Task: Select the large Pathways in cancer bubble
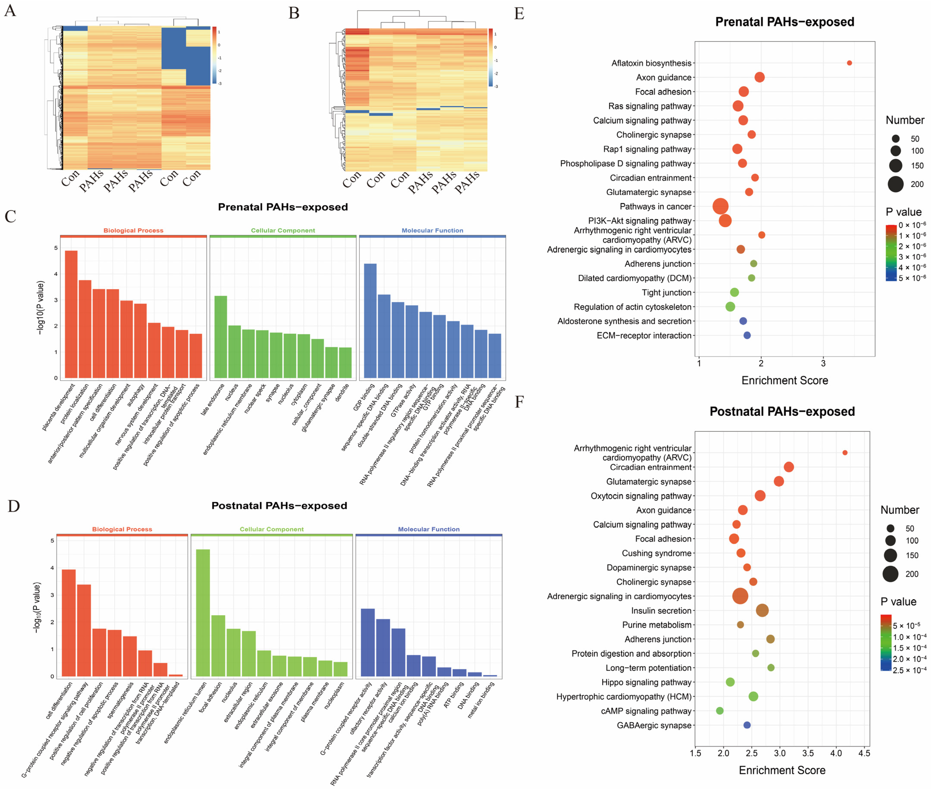tap(720, 206)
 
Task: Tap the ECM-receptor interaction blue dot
tap(747, 335)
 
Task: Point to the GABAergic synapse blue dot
tap(747, 725)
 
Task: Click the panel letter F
tap(519, 402)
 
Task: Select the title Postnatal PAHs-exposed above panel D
tap(279, 505)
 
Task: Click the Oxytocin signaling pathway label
tap(641, 496)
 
